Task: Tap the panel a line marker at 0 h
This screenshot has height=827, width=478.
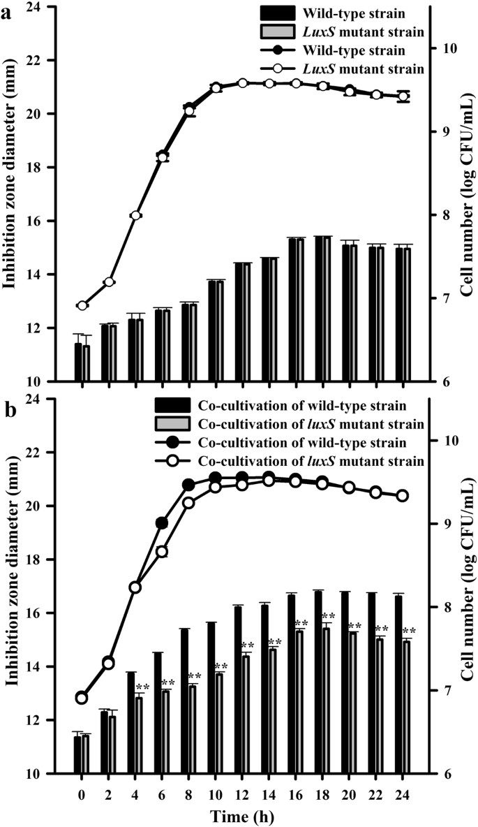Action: (82, 305)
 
